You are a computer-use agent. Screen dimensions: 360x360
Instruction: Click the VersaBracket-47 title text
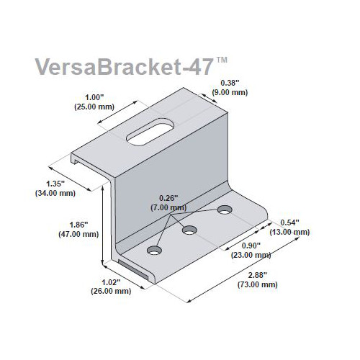tap(125, 66)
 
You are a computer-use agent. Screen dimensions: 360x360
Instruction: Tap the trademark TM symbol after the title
tap(222, 60)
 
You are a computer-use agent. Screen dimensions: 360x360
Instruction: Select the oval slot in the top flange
tap(150, 131)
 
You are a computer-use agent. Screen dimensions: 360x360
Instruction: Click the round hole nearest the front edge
tap(154, 250)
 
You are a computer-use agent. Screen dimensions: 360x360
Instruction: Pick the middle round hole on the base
tap(189, 230)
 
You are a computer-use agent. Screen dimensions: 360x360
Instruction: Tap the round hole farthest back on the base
tap(225, 210)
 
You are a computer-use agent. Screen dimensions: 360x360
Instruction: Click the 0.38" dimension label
tap(230, 83)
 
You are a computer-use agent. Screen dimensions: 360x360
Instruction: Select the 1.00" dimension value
tap(94, 97)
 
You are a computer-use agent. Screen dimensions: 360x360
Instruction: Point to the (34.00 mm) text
tap(55, 193)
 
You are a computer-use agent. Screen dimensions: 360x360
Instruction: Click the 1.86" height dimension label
tap(78, 225)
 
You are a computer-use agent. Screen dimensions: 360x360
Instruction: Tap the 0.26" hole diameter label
tap(168, 198)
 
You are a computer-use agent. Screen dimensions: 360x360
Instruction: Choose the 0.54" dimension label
tap(289, 222)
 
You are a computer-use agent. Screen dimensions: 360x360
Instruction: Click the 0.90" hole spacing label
tap(251, 246)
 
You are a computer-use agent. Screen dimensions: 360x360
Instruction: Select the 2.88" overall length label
tap(258, 275)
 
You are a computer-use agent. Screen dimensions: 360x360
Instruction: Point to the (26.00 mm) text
tap(111, 291)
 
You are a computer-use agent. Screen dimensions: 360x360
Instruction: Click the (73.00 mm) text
tap(258, 284)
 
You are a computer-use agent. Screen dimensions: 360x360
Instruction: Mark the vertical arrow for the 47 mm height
tap(103, 225)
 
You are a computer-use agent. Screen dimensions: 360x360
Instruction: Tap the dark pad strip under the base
tap(133, 269)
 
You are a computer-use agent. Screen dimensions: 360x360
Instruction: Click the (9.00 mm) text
tap(230, 92)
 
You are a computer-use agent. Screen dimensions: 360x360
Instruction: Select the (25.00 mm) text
tap(94, 107)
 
